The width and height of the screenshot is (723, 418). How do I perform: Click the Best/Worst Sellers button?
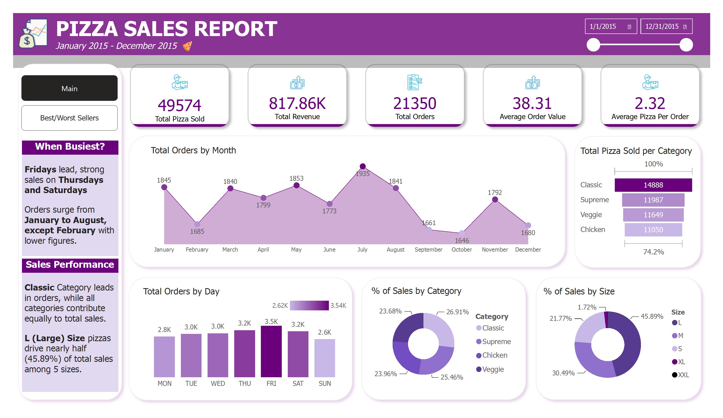pos(70,118)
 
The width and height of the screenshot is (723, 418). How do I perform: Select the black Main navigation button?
pos(70,88)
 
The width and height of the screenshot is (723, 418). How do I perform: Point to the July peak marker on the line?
pos(363,166)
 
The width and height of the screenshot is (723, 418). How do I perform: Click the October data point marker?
pos(462,233)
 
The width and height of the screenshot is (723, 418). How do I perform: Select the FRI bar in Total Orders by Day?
pos(271,351)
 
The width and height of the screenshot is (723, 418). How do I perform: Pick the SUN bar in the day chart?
pos(324,358)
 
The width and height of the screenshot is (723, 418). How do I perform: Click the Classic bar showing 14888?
pos(653,185)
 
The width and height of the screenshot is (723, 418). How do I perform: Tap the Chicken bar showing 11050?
pos(653,230)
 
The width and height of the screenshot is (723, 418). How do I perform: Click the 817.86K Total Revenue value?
pos(297,103)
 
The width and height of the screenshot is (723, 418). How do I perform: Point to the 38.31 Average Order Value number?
pos(532,103)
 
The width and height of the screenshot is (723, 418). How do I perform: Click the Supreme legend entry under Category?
pos(493,341)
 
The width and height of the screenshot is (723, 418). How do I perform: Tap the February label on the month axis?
pos(197,249)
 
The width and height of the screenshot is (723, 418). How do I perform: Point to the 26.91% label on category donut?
pos(457,312)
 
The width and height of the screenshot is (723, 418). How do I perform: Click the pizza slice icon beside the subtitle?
pos(187,46)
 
